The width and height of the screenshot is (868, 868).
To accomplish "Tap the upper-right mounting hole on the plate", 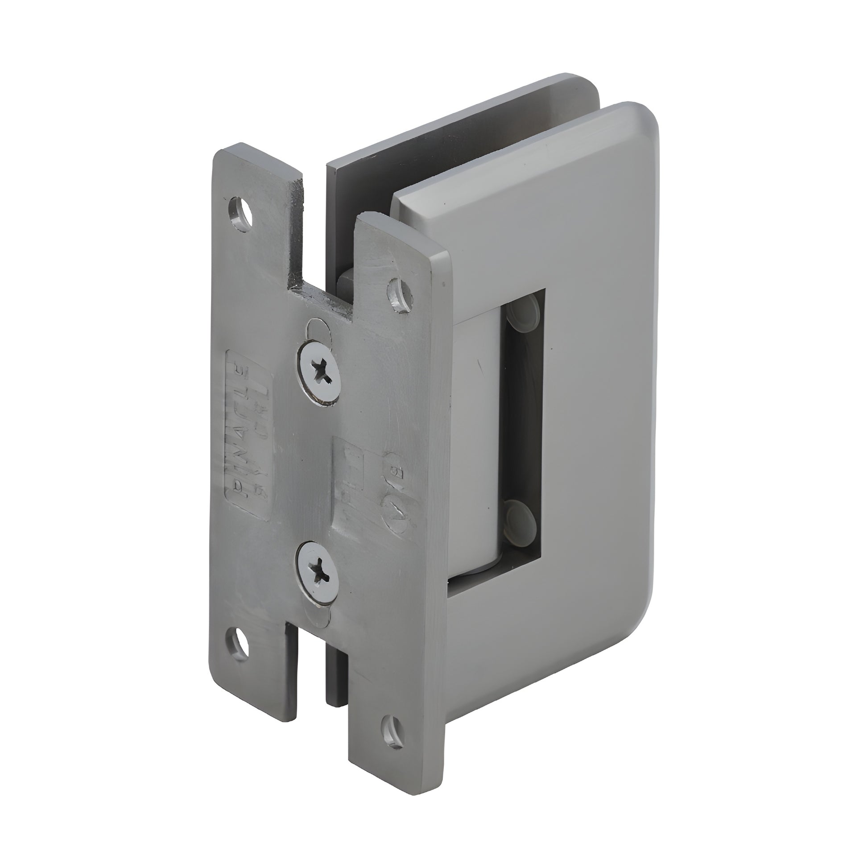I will (x=399, y=294).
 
